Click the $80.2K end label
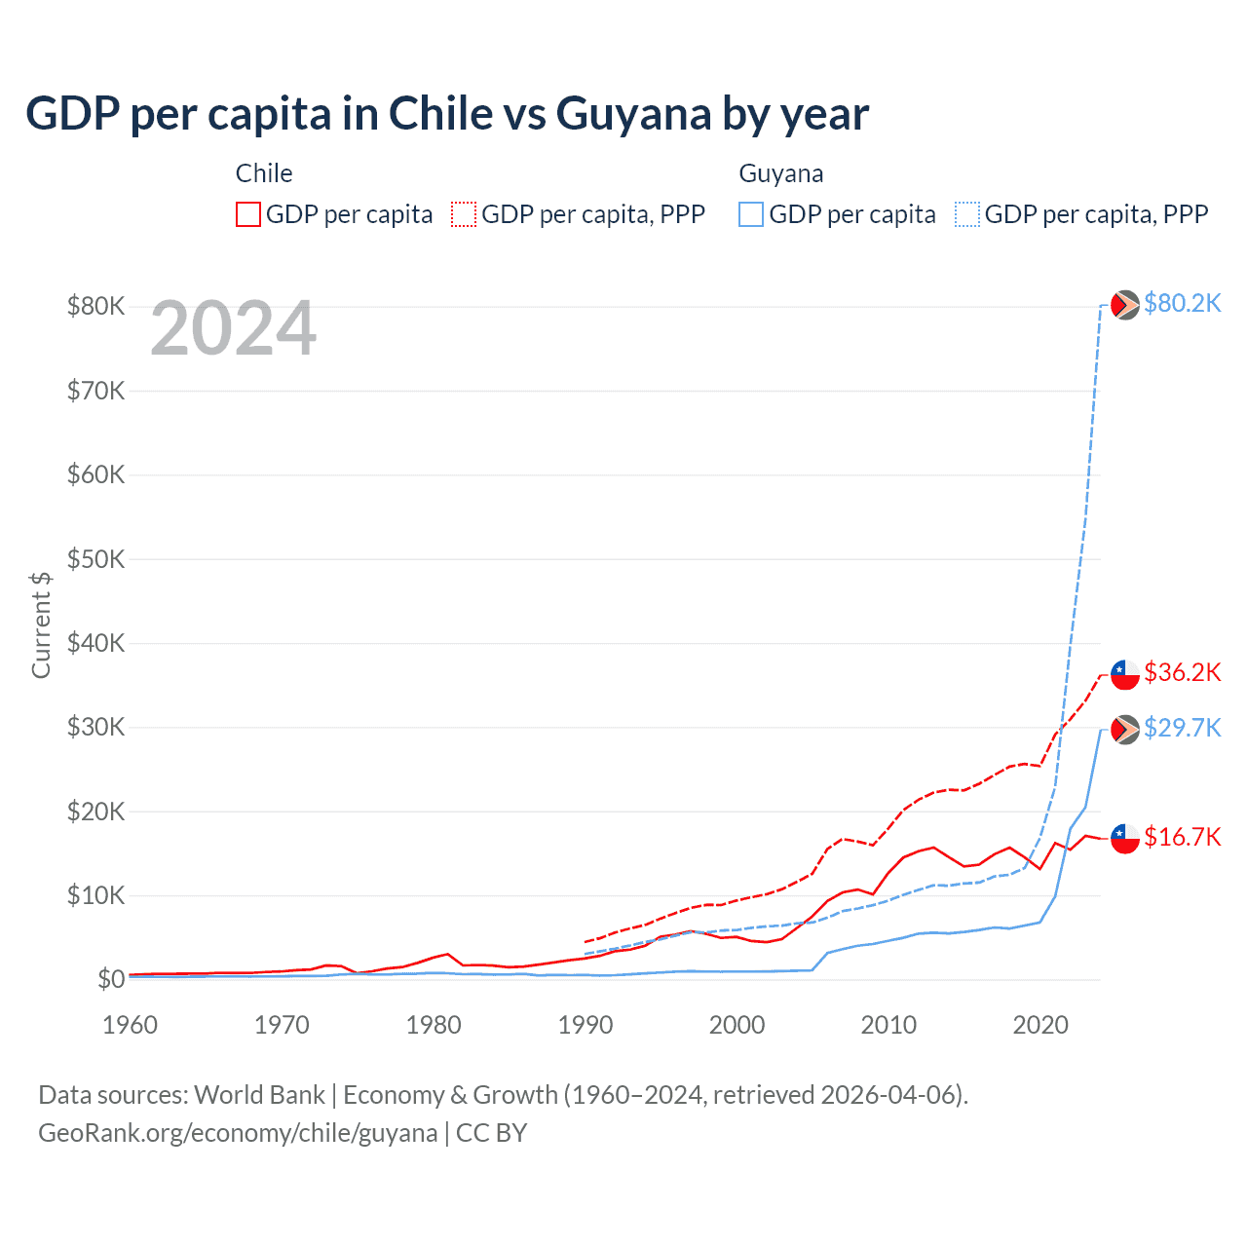[x=1182, y=304]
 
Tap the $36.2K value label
[x=1182, y=672]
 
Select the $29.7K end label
[x=1182, y=728]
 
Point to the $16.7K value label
[x=1182, y=837]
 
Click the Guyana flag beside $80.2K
[x=1125, y=305]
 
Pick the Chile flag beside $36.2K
[x=1125, y=674]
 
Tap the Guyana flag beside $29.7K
[x=1125, y=730]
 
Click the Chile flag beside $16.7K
[x=1125, y=838]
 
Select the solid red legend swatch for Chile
[x=248, y=214]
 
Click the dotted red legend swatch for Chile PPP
[x=464, y=214]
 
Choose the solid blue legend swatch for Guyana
[x=751, y=214]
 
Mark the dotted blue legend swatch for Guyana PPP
[x=967, y=214]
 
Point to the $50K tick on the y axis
[x=95, y=559]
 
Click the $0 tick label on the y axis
[x=111, y=979]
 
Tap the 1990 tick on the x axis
[x=586, y=1025]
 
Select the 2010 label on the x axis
[x=888, y=1025]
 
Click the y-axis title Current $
[x=41, y=624]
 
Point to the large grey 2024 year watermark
[x=234, y=329]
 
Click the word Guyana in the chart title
[x=633, y=114]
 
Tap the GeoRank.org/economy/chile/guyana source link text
[x=238, y=1133]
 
